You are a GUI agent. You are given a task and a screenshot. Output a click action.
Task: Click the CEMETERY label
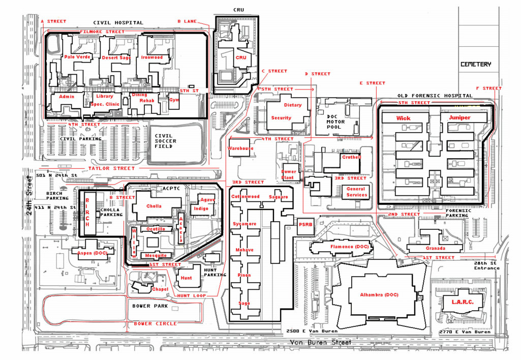click(476, 65)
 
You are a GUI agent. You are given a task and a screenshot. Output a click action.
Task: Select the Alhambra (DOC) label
click(379, 295)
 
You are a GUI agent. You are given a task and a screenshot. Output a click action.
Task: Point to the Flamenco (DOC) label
click(349, 247)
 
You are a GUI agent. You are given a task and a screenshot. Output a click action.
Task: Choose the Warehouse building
click(240, 148)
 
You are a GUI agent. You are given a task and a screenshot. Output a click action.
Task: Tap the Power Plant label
click(288, 174)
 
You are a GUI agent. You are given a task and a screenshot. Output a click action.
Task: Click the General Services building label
click(356, 192)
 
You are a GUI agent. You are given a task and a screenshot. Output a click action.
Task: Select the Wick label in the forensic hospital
click(404, 118)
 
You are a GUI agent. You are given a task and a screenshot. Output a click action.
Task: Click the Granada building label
click(436, 248)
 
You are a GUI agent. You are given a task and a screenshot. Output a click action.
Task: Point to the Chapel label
click(160, 289)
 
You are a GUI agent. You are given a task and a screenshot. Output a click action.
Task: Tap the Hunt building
click(186, 278)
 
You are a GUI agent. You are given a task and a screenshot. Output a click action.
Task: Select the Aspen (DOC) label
click(93, 253)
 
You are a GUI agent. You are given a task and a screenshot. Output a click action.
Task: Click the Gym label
click(174, 100)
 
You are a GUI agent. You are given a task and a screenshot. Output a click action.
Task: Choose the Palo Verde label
click(77, 57)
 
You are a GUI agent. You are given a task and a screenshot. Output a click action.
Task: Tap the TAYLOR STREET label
click(111, 168)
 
